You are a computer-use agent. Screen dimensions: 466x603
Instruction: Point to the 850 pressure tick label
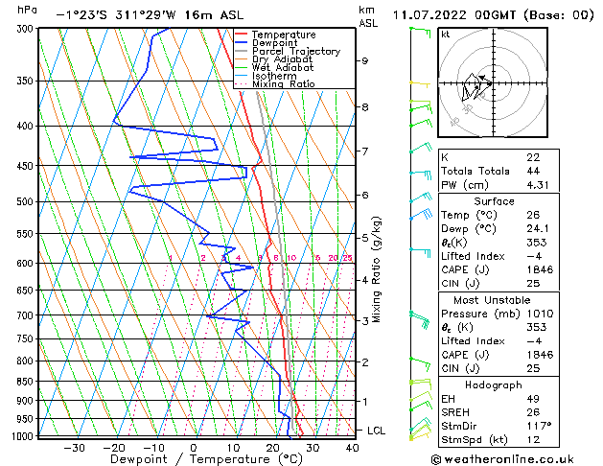pyautogui.click(x=25, y=382)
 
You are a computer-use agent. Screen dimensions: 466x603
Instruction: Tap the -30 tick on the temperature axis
pyautogui.click(x=74, y=447)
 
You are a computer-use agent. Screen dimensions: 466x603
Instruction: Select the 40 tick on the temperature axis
pyautogui.click(x=352, y=447)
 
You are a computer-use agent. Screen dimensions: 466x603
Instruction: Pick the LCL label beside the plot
pyautogui.click(x=376, y=431)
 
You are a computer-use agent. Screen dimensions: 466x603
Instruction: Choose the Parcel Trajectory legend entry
pyautogui.click(x=295, y=52)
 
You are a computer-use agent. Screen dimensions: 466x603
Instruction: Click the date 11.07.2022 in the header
pyautogui.click(x=427, y=14)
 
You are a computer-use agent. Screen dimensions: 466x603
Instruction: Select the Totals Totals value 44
pyautogui.click(x=531, y=171)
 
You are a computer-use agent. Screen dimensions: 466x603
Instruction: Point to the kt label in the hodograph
pyautogui.click(x=445, y=34)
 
